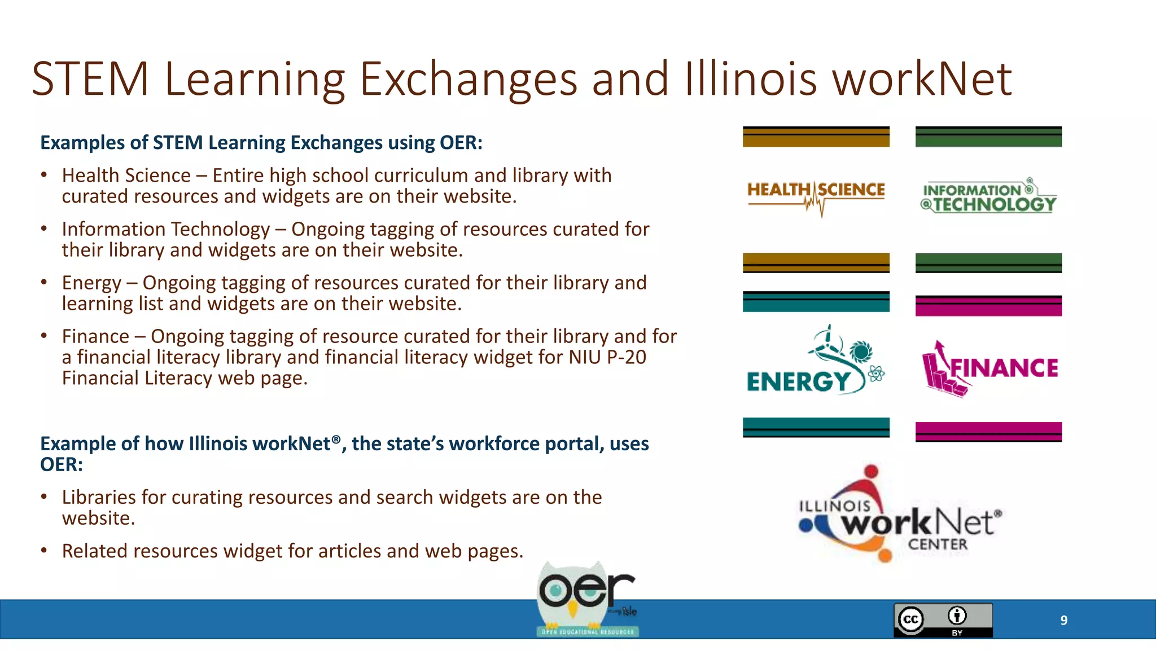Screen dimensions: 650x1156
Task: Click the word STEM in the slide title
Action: (x=90, y=79)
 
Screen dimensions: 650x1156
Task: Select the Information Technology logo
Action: (x=988, y=197)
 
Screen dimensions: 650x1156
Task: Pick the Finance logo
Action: (x=989, y=368)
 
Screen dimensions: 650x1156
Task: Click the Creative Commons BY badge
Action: (x=943, y=620)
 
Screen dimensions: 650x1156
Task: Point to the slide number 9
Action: (x=1063, y=621)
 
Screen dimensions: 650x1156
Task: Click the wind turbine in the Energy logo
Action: (x=827, y=342)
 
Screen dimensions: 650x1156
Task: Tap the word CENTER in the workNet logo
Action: (x=938, y=544)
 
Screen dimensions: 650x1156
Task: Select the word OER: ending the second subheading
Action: (x=61, y=464)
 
